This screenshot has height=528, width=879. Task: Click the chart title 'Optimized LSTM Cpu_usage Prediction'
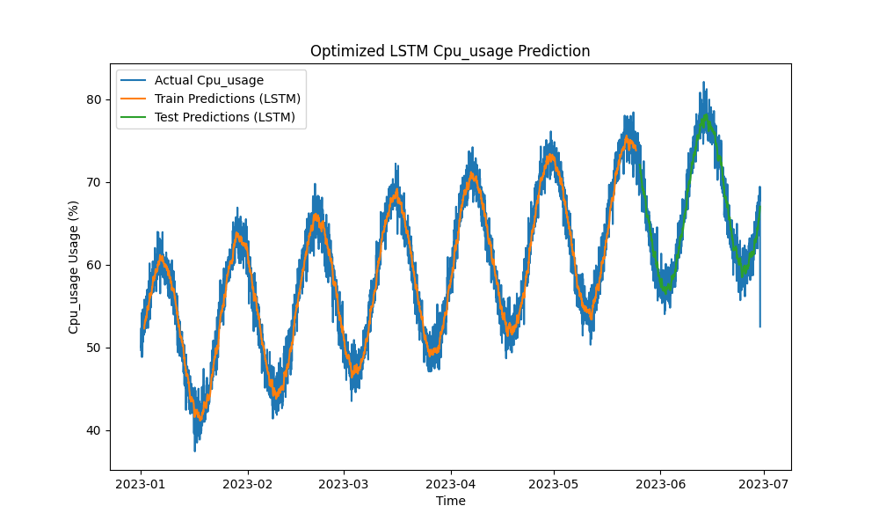tap(450, 51)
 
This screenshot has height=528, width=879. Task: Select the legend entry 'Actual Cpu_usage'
tap(208, 81)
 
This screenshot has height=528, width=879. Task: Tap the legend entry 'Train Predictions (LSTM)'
tap(227, 99)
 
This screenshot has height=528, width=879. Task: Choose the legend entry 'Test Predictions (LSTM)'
tap(224, 116)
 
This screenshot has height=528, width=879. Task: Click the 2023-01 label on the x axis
tap(141, 484)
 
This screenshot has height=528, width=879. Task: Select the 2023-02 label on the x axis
tap(248, 484)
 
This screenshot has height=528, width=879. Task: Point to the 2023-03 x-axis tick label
tap(344, 484)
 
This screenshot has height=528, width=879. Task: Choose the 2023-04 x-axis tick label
tap(451, 484)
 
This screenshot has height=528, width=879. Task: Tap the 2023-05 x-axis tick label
tap(554, 484)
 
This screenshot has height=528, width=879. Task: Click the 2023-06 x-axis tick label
tap(660, 484)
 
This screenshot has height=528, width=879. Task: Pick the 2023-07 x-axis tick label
tap(763, 484)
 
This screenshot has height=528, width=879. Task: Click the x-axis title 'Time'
tap(450, 502)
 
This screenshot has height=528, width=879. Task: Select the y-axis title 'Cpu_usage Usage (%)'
tap(75, 266)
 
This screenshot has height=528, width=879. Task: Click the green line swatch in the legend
tap(134, 116)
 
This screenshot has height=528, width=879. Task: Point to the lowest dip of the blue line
tap(195, 451)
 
